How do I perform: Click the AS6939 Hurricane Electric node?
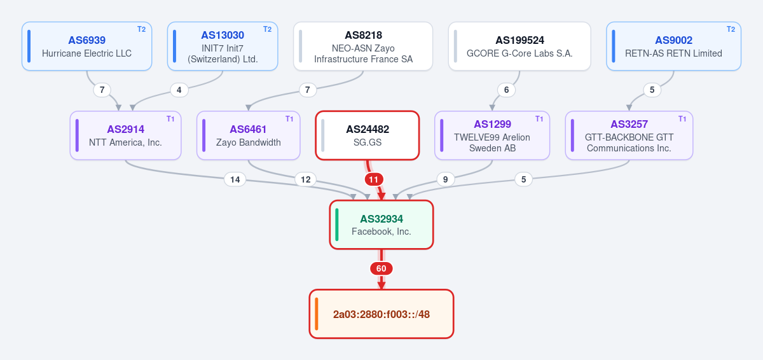point(87,46)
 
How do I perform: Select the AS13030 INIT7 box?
point(223,46)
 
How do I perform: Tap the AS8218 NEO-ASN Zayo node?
point(363,46)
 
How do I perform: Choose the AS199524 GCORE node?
point(519,46)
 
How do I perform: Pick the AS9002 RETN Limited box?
point(674,46)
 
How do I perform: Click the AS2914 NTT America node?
point(125,135)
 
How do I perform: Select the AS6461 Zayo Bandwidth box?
point(249,135)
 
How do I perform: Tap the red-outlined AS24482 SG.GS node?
point(368,135)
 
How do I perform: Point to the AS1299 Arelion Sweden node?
point(492,135)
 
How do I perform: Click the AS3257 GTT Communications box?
point(629,135)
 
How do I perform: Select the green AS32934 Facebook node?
point(381,225)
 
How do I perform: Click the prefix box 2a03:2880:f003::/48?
point(381,314)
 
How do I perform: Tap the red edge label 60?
point(381,268)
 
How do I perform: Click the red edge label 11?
point(374,179)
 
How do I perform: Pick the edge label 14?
point(235,179)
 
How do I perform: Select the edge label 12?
point(306,179)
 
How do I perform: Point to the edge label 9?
point(446,179)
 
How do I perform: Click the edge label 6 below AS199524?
point(507,90)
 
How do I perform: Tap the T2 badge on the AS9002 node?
point(731,29)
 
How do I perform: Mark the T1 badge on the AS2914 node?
point(170,119)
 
